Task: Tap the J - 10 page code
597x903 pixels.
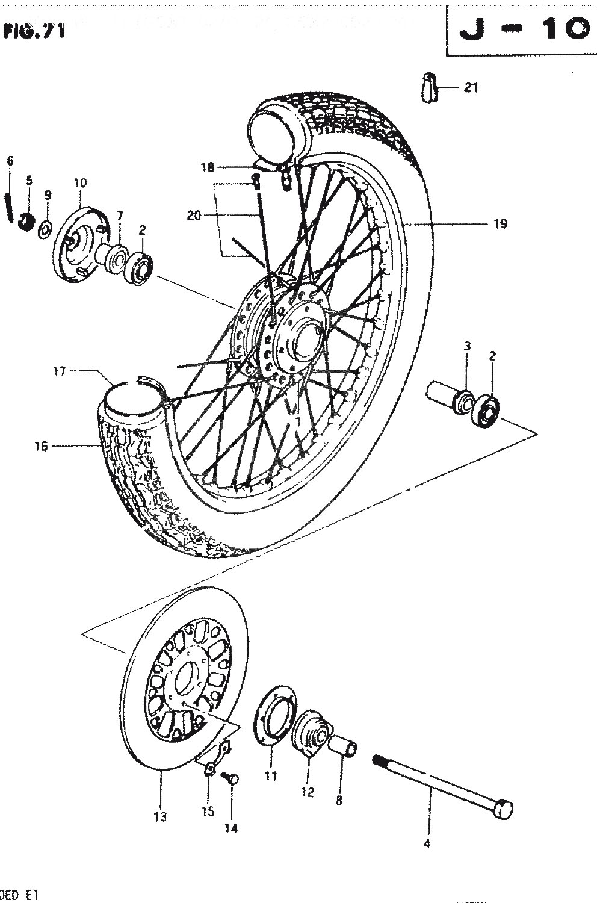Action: point(523,29)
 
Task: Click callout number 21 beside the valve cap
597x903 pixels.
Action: point(471,88)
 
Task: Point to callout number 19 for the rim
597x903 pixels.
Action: point(500,224)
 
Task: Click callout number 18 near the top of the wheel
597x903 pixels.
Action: point(208,167)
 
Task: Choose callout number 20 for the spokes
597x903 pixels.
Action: point(194,215)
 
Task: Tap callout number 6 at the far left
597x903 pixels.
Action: point(10,161)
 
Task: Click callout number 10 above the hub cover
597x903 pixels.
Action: point(80,183)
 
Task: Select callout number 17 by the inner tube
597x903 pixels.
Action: point(59,372)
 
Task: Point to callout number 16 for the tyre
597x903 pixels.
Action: point(41,446)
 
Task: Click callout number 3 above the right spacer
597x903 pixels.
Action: point(467,346)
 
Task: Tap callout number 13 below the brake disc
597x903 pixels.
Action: point(160,816)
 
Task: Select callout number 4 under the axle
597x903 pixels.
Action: point(427,843)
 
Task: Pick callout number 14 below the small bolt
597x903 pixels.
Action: point(231,828)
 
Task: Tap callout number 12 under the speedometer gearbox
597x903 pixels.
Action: point(308,792)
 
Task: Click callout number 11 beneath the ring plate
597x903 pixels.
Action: point(271,776)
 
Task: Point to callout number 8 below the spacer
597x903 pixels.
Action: point(339,800)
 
